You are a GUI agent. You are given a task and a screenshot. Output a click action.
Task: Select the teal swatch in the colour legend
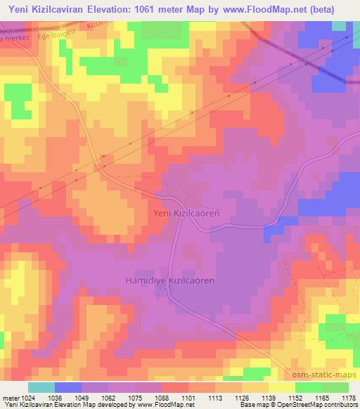[41, 387]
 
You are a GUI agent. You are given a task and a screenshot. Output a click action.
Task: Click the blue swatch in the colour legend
[67, 387]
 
